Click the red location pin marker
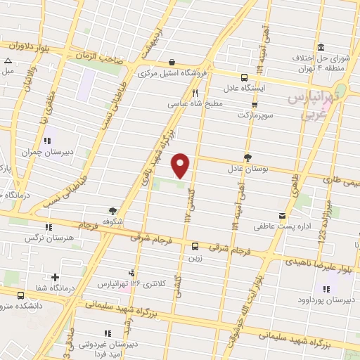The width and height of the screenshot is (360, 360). pos(181,165)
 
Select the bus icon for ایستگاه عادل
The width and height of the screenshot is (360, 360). pos(244,78)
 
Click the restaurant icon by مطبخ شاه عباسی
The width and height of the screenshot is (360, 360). pos(195,92)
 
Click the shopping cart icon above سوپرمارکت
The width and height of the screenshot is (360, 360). pos(254,103)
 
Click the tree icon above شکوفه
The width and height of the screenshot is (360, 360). pos(112,210)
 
